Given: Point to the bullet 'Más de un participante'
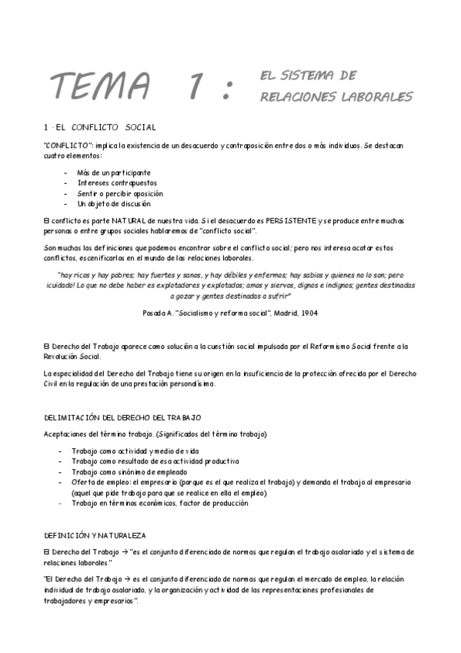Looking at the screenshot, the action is [x=114, y=172].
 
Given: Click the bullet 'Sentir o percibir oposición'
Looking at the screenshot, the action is [x=120, y=194].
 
